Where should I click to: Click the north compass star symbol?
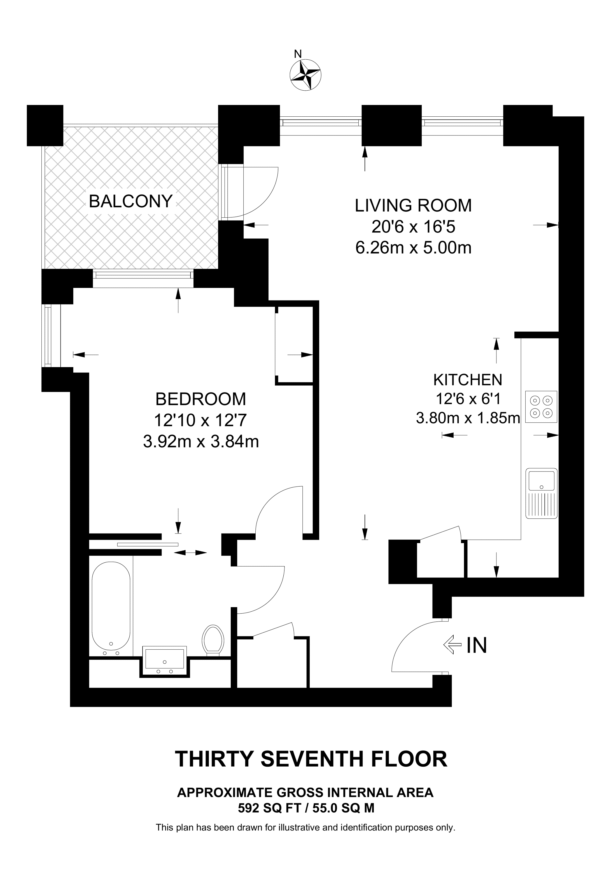tap(305, 75)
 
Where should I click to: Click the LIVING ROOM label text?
tap(413, 206)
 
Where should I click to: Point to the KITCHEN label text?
tap(468, 380)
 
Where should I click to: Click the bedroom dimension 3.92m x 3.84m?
tap(201, 442)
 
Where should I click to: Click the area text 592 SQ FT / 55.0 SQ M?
tap(306, 808)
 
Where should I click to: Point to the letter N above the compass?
tap(298, 54)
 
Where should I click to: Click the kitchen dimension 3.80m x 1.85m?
tap(468, 418)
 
